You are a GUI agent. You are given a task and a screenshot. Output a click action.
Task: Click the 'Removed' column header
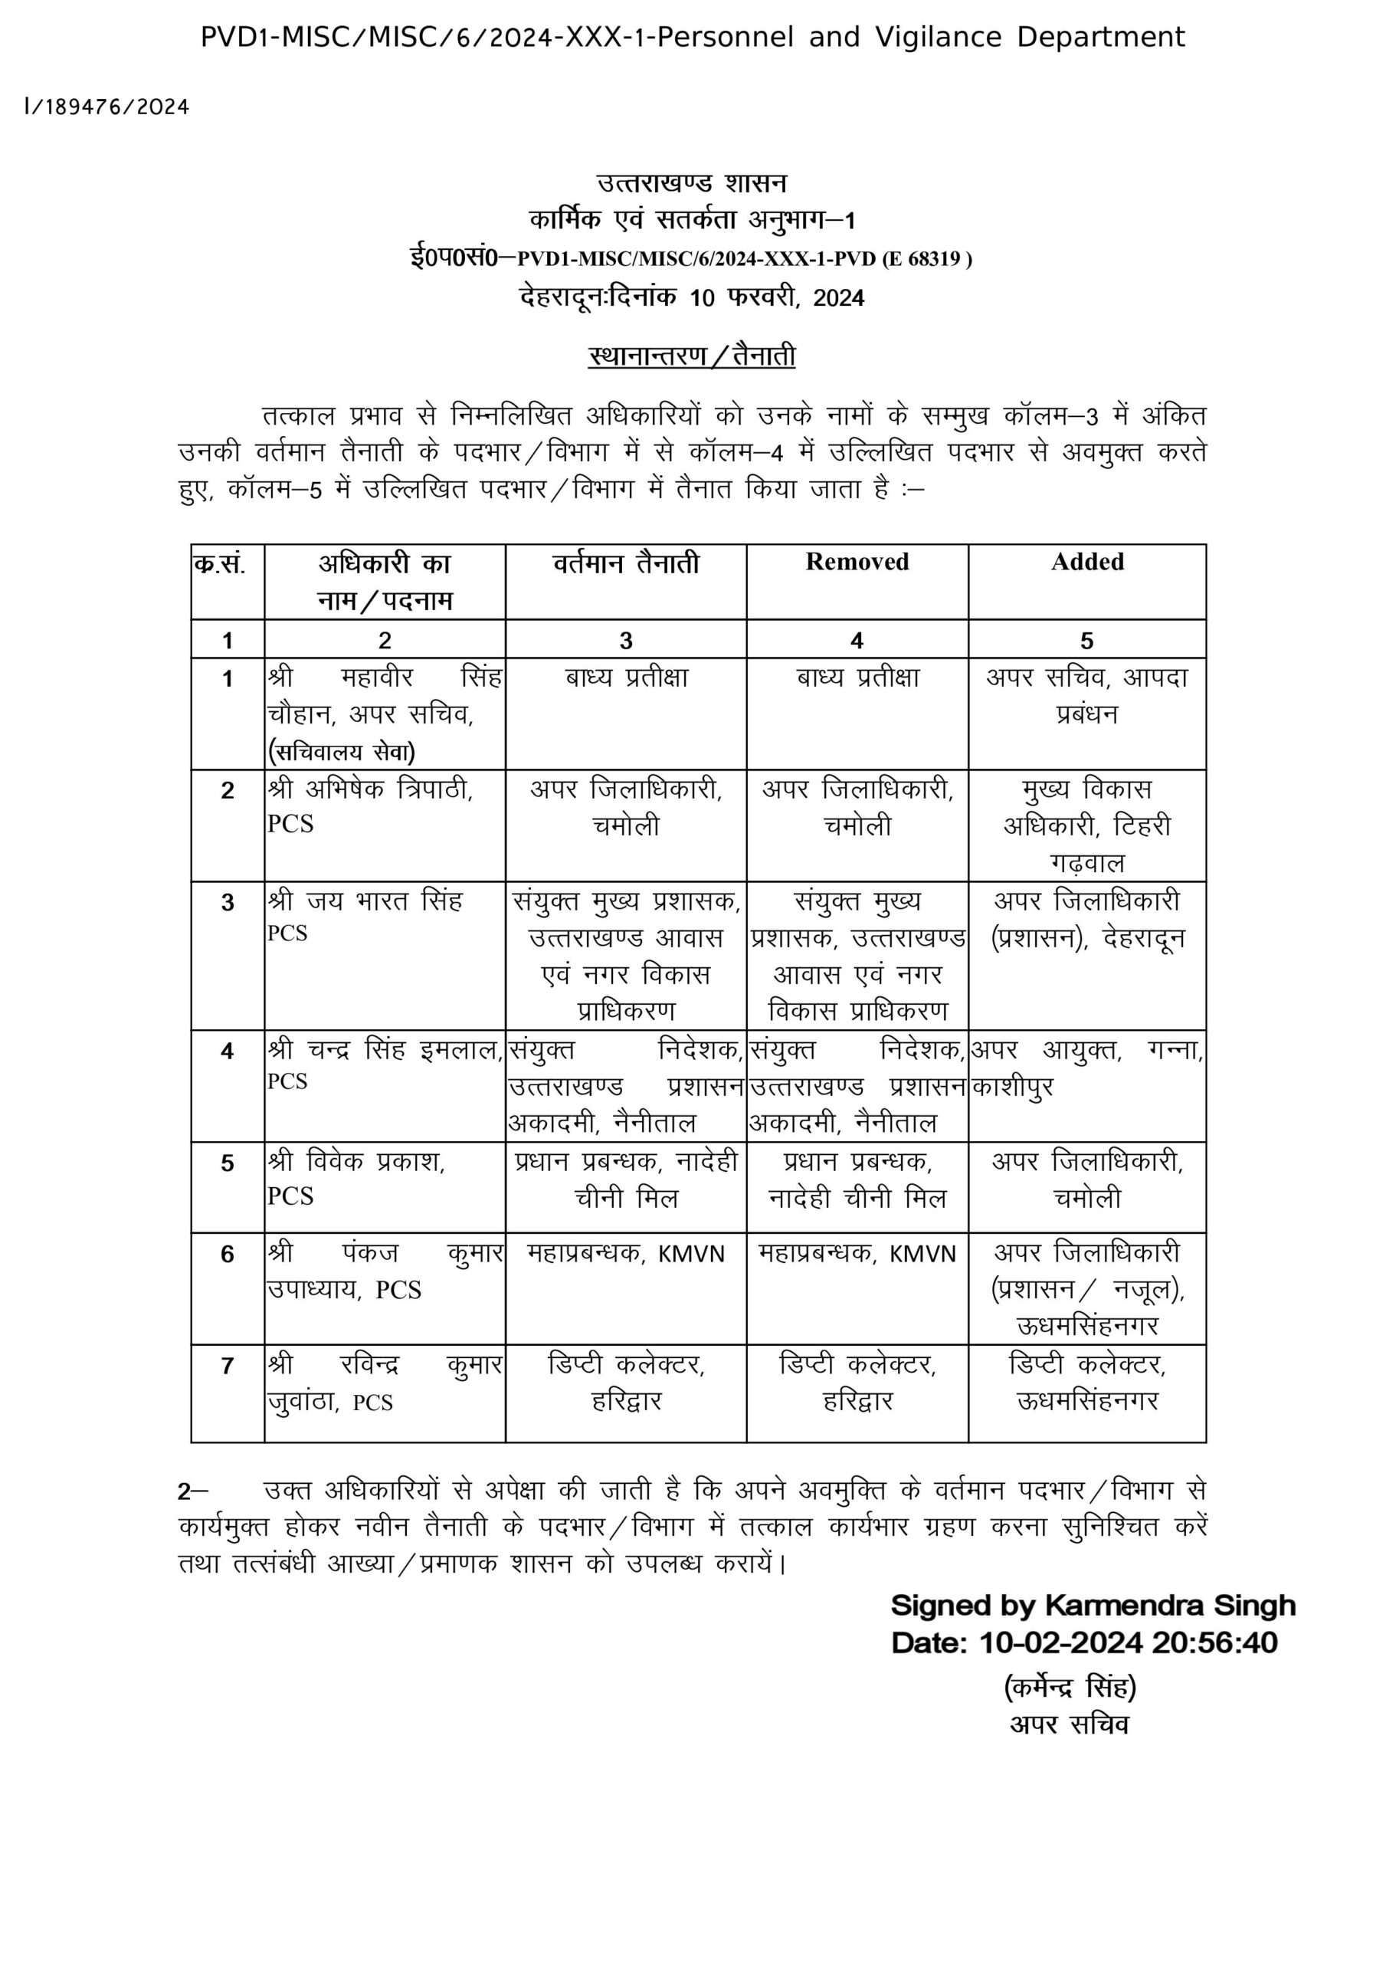coord(857,563)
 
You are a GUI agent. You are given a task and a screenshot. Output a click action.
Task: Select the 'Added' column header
coord(1087,563)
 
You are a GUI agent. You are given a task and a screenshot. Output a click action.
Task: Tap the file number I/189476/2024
coord(106,107)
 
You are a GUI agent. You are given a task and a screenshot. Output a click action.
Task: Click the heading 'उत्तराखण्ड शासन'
coord(692,183)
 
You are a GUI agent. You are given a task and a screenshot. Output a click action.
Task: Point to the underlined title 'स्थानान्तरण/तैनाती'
coord(692,356)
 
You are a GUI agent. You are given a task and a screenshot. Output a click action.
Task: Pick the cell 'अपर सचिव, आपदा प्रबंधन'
coord(1087,694)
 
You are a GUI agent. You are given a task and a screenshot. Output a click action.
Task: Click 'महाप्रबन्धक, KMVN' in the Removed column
coord(857,1254)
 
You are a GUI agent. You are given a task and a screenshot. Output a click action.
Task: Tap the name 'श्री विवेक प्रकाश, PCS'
coord(356,1179)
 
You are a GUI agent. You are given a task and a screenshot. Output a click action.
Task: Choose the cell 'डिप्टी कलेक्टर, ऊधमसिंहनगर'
coord(1087,1382)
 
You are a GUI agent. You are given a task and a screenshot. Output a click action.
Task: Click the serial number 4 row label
coord(228,1050)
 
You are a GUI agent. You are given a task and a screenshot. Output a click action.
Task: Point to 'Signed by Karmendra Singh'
coord(1093,1606)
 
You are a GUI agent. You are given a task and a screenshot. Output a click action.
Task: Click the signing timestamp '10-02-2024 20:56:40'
coord(1128,1642)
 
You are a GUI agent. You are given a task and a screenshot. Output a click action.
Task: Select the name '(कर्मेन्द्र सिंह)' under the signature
coord(1070,1687)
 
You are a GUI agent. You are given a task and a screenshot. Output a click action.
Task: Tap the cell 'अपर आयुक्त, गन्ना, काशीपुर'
coord(1087,1068)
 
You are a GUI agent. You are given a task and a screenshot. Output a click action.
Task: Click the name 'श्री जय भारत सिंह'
coord(365,901)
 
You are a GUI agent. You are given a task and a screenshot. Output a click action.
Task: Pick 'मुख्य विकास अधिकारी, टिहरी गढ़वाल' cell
coord(1087,825)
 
